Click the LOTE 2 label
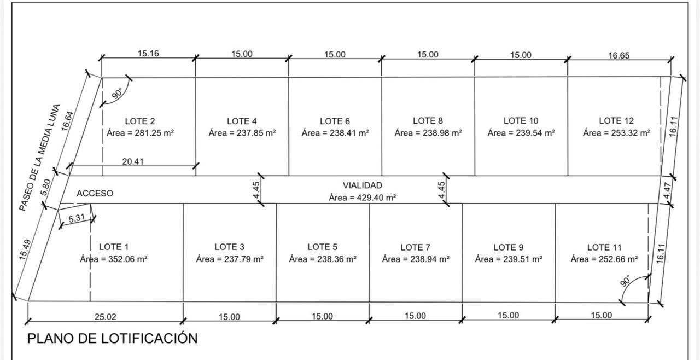[139, 121]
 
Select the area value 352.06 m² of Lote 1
[127, 259]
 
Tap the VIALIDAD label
[362, 185]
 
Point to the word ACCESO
[95, 194]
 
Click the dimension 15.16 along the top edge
[148, 54]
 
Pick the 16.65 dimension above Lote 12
[619, 56]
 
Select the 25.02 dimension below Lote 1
[106, 317]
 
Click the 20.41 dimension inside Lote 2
[133, 161]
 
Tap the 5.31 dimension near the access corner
[77, 218]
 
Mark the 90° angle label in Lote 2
[116, 94]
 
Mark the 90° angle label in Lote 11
[625, 281]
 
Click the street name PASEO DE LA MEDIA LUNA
[40, 158]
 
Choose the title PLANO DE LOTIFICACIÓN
[113, 339]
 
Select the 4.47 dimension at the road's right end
[667, 190]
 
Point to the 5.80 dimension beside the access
[46, 187]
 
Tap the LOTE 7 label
[415, 247]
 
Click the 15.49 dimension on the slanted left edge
[25, 249]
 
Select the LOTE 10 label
[521, 120]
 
